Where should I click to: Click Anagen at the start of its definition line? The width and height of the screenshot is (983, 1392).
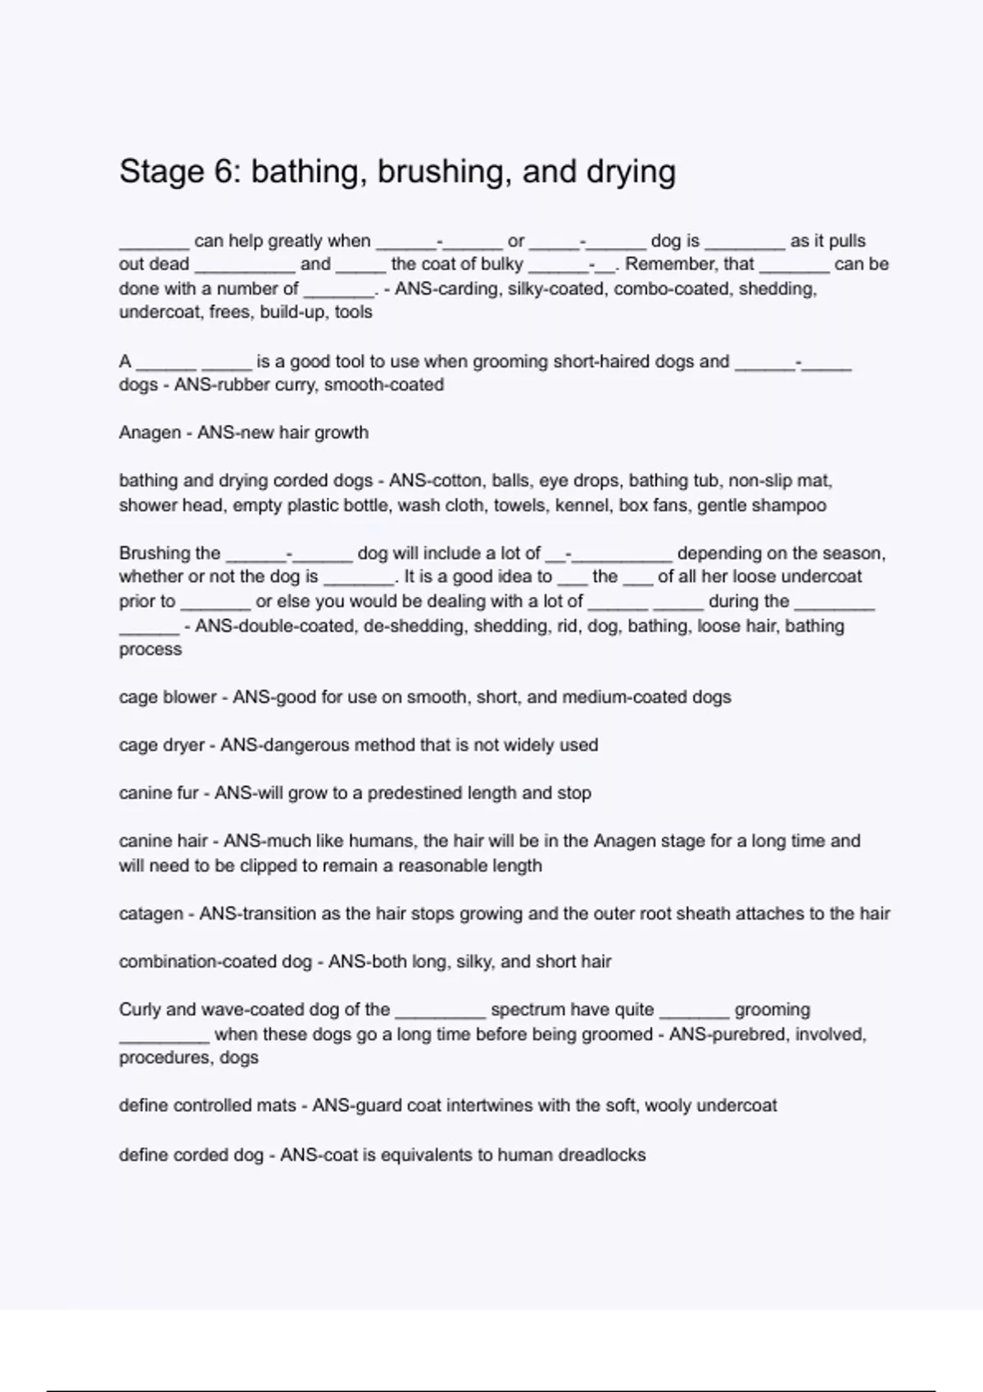click(149, 432)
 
